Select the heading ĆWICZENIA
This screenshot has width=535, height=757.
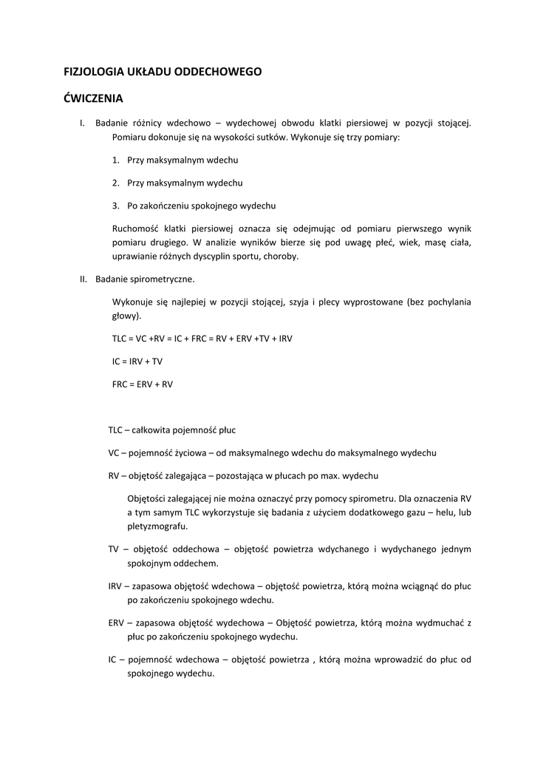93,98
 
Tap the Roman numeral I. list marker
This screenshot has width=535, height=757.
83,123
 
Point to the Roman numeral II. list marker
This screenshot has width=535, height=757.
84,279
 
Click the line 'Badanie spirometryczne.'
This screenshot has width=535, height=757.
145,279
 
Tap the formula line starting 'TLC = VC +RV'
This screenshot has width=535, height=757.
202,339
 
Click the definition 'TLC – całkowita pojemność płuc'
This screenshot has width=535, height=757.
171,430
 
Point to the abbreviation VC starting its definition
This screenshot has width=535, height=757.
114,452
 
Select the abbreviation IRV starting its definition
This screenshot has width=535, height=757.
115,585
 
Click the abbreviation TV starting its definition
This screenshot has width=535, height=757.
113,549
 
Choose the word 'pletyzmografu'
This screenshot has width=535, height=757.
157,526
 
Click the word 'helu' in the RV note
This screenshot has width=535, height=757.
443,512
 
